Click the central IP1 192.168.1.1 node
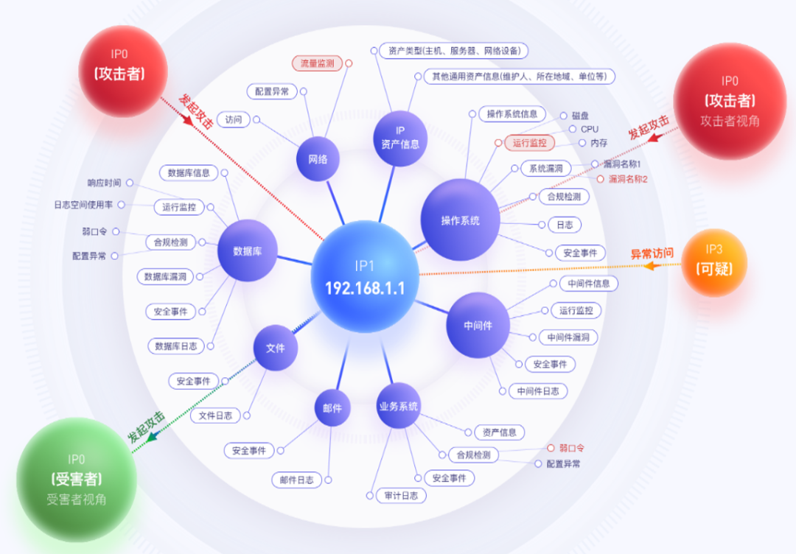click(x=366, y=276)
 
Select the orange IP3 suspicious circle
click(x=714, y=262)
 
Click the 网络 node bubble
click(x=318, y=158)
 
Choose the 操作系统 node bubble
click(x=460, y=220)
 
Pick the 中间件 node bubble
click(x=478, y=326)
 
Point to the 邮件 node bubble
click(x=332, y=407)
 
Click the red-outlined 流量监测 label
click(x=317, y=64)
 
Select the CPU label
click(x=590, y=129)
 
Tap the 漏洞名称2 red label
click(x=627, y=179)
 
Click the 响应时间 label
click(x=104, y=182)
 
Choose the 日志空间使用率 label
click(x=83, y=205)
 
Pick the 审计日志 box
click(x=401, y=496)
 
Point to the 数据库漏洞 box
click(x=165, y=277)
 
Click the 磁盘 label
click(x=580, y=116)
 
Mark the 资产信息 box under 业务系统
click(x=500, y=432)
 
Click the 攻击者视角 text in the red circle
click(x=730, y=121)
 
